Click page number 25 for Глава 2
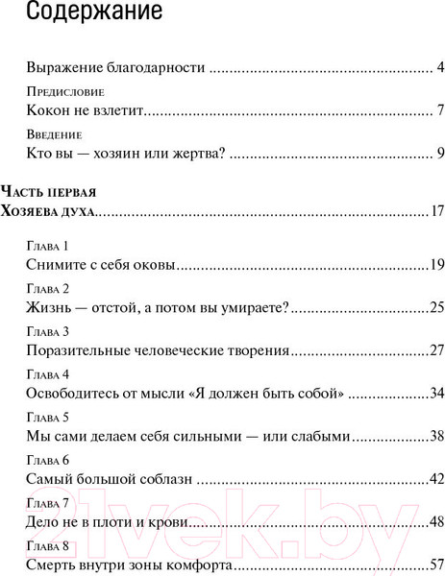tap(435, 307)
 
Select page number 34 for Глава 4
tap(435, 393)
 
